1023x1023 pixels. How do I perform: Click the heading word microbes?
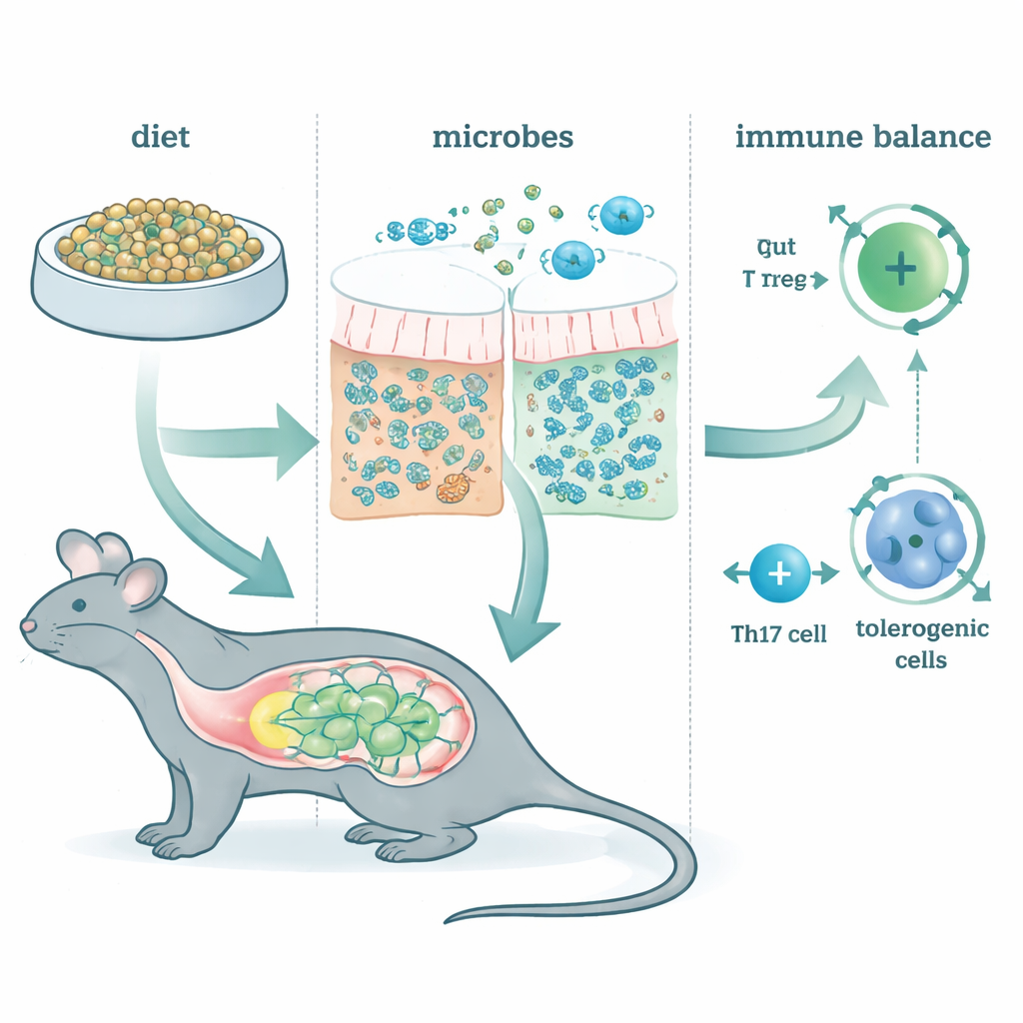point(503,136)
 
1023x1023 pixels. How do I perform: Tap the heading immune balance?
point(863,136)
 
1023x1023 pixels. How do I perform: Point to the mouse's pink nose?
point(27,625)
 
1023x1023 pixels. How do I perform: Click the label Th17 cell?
point(779,632)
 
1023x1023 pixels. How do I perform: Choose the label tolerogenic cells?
point(909,644)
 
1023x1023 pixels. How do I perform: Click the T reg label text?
point(776,282)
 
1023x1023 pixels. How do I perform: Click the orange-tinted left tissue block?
point(420,440)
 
